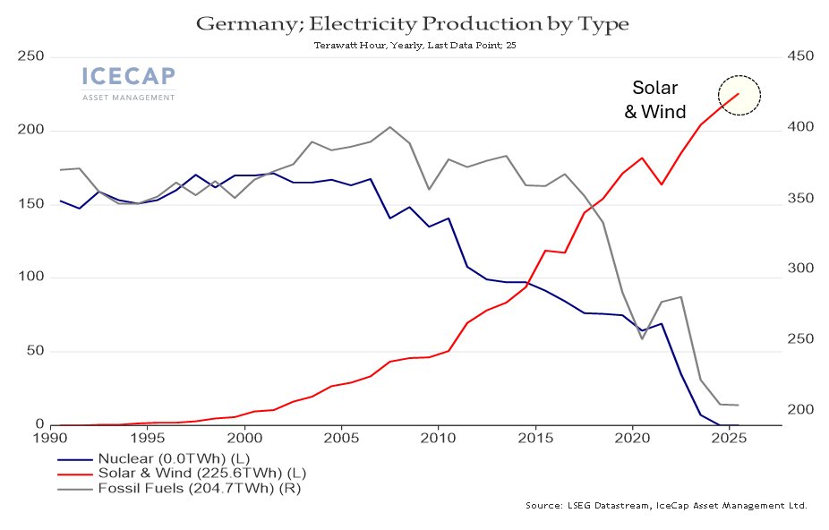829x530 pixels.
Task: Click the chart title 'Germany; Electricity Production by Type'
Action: pos(413,24)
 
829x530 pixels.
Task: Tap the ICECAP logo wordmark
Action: pos(129,76)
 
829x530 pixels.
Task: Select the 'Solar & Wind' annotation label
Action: pos(655,99)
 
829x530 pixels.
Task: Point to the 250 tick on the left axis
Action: pos(30,56)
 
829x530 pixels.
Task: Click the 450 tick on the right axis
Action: pos(800,56)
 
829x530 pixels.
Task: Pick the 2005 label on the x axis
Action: pos(342,438)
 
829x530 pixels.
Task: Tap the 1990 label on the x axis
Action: pos(51,438)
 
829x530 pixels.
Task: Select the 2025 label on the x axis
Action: pos(729,438)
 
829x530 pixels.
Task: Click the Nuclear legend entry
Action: pos(153,458)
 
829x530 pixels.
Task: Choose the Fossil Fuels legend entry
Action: pos(179,488)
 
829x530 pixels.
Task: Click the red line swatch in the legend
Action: pos(74,474)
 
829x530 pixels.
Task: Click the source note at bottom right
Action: pos(666,506)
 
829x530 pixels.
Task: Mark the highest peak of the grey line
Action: pos(389,127)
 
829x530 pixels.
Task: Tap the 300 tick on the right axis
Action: pos(800,269)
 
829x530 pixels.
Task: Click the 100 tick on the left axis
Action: pos(30,277)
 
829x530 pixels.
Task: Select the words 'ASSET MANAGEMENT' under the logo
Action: pos(129,98)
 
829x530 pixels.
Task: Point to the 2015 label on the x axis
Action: pos(535,438)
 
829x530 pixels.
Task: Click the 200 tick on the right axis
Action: pos(800,409)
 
